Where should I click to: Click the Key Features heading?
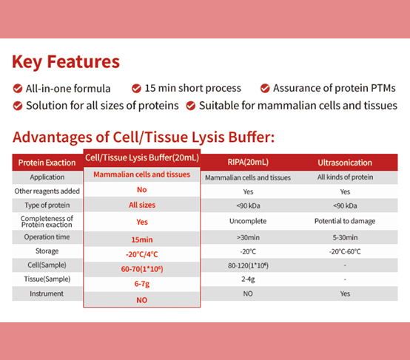click(66, 61)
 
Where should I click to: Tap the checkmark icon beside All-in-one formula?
click(18, 88)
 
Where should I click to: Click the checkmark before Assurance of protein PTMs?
click(265, 88)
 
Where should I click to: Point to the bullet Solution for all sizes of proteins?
click(102, 105)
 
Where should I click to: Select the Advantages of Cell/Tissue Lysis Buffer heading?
click(144, 137)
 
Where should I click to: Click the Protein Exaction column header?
click(47, 162)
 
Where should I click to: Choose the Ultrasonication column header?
click(345, 162)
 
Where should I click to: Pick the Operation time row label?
click(47, 237)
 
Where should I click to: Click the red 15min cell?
click(141, 240)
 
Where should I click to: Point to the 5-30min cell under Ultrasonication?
click(345, 237)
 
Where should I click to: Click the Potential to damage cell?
click(345, 221)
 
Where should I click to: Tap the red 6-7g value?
click(141, 283)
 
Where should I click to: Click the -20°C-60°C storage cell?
click(345, 251)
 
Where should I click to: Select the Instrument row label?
click(47, 293)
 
